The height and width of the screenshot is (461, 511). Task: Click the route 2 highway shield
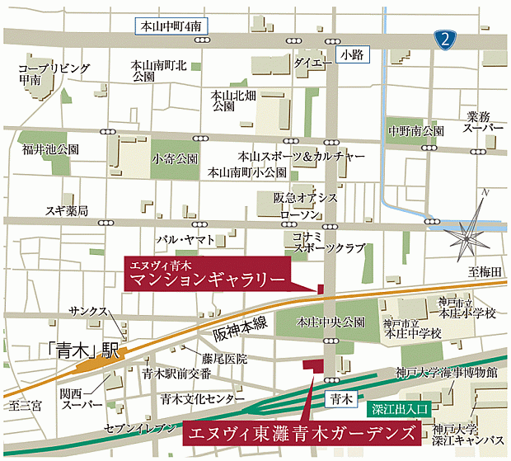coord(445,37)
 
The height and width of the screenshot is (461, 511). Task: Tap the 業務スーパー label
coord(484,123)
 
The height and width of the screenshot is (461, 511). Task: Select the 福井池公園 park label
coord(51,150)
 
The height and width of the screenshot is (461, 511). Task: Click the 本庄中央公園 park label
coord(331,322)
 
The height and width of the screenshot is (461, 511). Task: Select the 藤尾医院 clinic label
coord(225,360)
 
